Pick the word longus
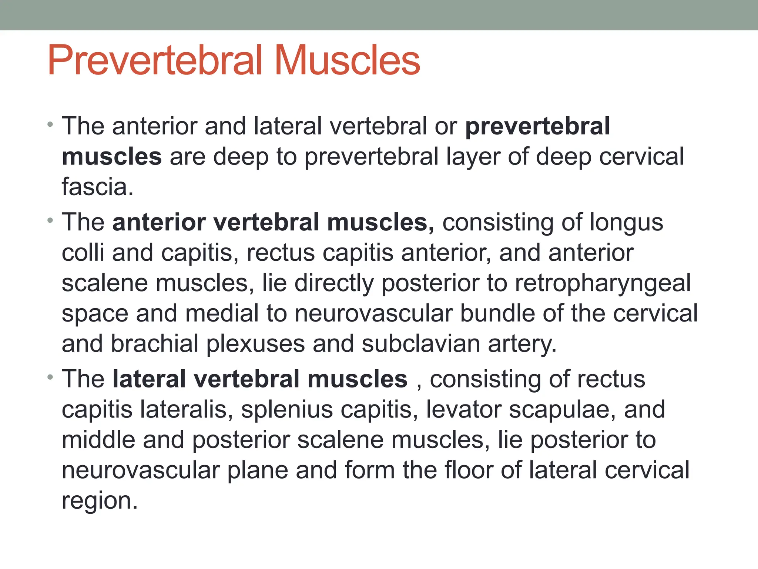coord(626,223)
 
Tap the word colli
coord(83,253)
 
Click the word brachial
coord(154,343)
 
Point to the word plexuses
coord(255,343)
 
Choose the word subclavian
coord(420,343)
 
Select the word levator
coord(463,410)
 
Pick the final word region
coord(99,501)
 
